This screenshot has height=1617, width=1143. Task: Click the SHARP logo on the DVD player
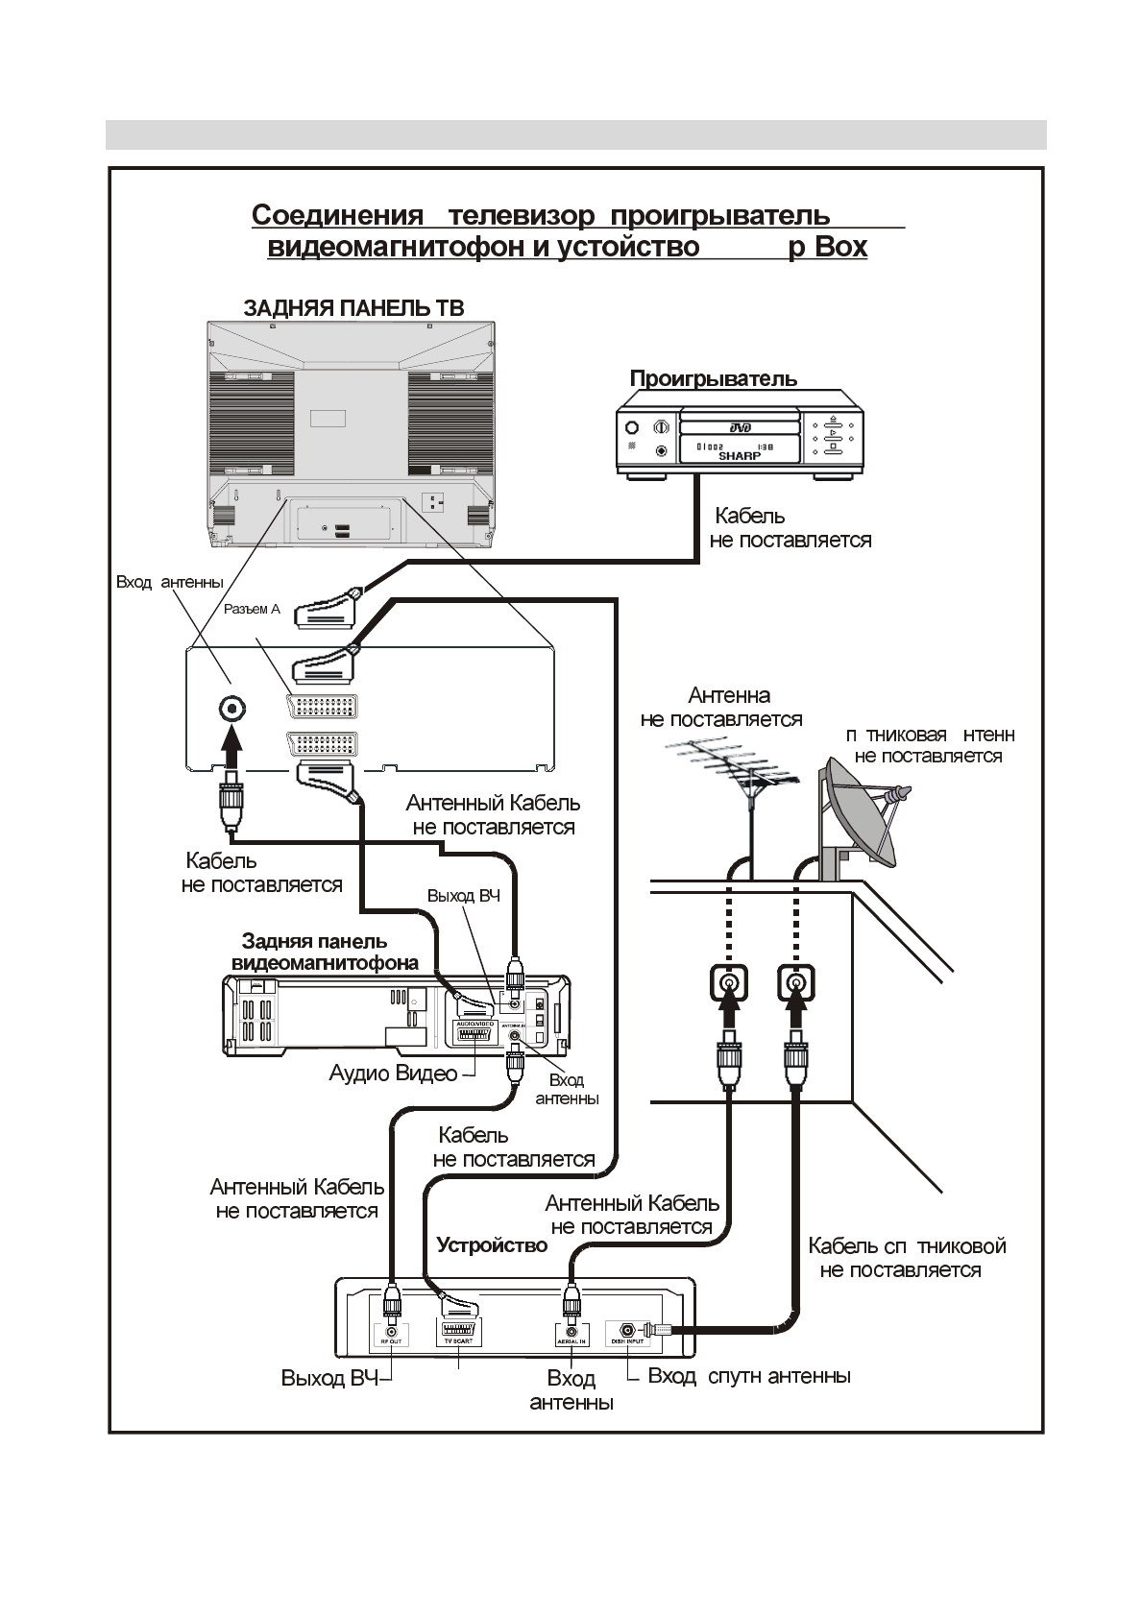(x=739, y=457)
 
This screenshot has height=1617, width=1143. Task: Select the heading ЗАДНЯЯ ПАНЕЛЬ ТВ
(x=353, y=308)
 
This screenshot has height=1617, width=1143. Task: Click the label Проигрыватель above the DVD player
(x=713, y=378)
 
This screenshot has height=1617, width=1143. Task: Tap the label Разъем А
(x=252, y=609)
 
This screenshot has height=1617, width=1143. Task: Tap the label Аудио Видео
(x=393, y=1074)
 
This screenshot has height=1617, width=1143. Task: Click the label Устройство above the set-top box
(x=492, y=1245)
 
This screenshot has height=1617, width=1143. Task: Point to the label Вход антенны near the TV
(x=169, y=582)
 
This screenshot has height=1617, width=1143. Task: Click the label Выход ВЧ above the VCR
(x=463, y=896)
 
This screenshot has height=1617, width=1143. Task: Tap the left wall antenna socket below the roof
(x=729, y=983)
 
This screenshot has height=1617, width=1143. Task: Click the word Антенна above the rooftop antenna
(x=729, y=695)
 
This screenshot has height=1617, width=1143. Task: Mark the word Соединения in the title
(x=337, y=215)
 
